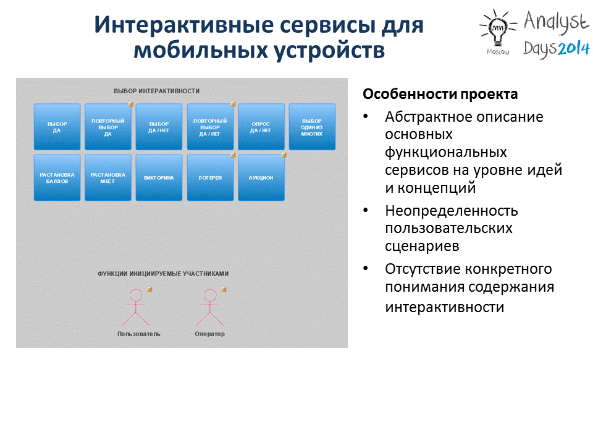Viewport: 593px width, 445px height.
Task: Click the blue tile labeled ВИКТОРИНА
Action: click(159, 177)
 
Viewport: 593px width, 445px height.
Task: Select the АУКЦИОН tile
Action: click(261, 177)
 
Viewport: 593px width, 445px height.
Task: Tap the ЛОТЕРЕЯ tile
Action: click(210, 177)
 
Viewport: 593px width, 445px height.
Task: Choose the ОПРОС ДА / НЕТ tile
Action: click(261, 127)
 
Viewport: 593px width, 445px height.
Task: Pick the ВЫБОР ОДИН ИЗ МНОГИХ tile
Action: click(312, 127)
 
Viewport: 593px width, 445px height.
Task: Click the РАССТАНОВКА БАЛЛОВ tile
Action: click(57, 177)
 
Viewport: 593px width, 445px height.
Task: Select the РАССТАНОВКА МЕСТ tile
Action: click(107, 177)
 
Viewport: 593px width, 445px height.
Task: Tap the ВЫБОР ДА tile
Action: click(57, 127)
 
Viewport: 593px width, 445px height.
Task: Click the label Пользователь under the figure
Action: click(139, 334)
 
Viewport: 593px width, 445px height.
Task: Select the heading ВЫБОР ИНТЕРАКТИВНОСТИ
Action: click(156, 91)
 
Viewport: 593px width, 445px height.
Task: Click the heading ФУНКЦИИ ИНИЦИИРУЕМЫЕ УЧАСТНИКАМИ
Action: click(163, 274)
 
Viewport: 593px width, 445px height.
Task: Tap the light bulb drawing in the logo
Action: click(497, 29)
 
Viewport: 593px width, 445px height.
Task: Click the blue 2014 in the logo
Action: click(573, 48)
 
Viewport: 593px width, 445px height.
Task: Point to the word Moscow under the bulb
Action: click(498, 52)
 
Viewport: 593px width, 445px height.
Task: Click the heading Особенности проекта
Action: click(440, 94)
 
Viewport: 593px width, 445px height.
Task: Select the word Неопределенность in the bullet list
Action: click(452, 211)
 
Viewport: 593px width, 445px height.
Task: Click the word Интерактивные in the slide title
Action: click(184, 25)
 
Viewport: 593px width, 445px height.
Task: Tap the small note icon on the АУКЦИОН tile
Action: click(284, 155)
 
